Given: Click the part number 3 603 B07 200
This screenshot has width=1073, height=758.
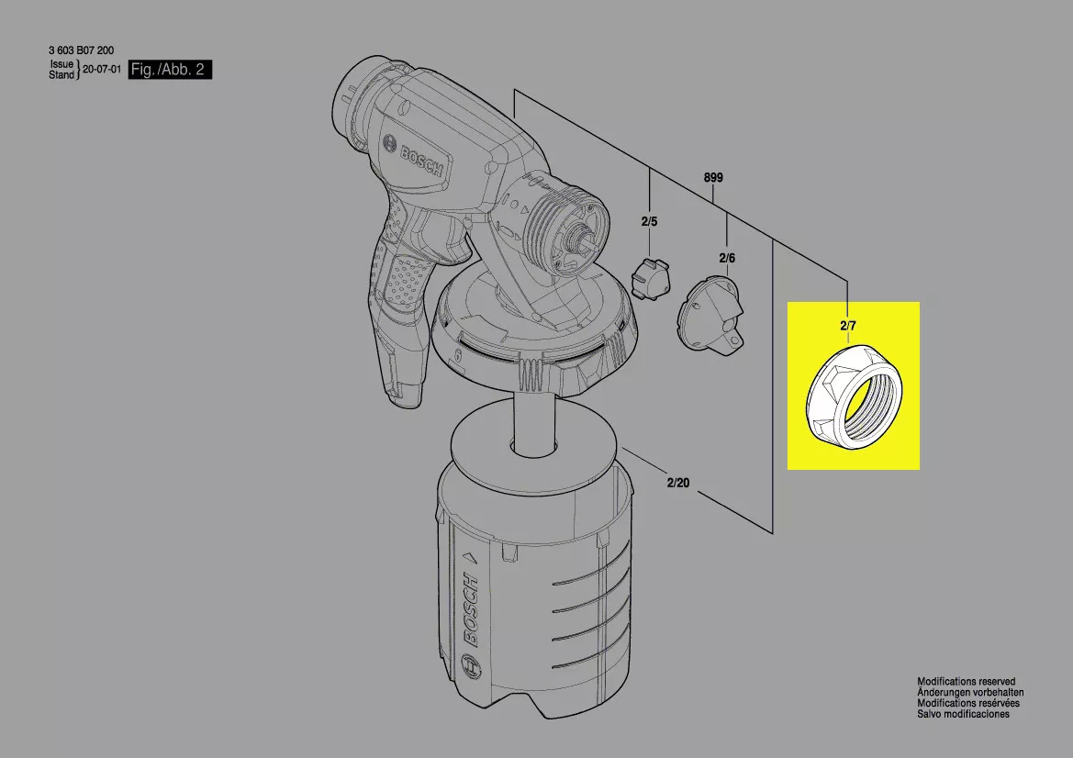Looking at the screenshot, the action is point(82,50).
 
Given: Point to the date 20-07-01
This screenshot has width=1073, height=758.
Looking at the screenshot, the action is point(102,70).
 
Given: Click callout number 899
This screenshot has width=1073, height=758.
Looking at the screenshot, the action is point(713,178).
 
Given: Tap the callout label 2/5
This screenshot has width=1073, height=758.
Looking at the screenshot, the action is point(650,222).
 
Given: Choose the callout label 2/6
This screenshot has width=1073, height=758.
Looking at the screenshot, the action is point(727,258).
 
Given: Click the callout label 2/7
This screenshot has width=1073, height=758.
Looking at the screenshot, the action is point(848,326).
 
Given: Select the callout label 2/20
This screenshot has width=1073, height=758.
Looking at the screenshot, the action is point(678,483).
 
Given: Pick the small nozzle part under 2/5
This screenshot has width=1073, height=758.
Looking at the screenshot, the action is point(650,279).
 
